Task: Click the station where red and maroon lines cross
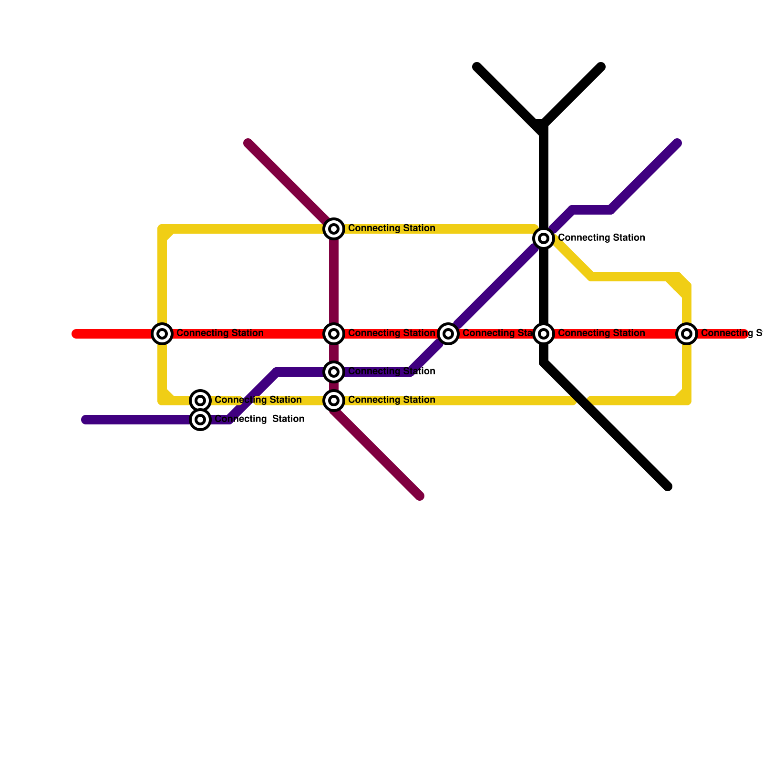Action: (x=334, y=334)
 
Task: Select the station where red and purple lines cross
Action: (x=448, y=334)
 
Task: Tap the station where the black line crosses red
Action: (x=544, y=334)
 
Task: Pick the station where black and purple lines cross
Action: (x=544, y=238)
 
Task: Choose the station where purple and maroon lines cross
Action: (x=334, y=371)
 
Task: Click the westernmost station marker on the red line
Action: (x=162, y=334)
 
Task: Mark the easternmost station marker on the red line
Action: (x=687, y=334)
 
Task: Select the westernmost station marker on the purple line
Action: (x=201, y=420)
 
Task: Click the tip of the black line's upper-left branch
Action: (x=477, y=67)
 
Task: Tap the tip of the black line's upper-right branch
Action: (x=601, y=67)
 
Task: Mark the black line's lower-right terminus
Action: (x=668, y=486)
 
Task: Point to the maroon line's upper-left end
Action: (x=248, y=143)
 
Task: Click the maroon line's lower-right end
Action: (x=420, y=496)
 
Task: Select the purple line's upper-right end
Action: (x=678, y=143)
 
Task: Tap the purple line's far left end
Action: (x=85, y=420)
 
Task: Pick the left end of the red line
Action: (x=75, y=334)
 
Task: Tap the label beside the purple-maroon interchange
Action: (x=392, y=371)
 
